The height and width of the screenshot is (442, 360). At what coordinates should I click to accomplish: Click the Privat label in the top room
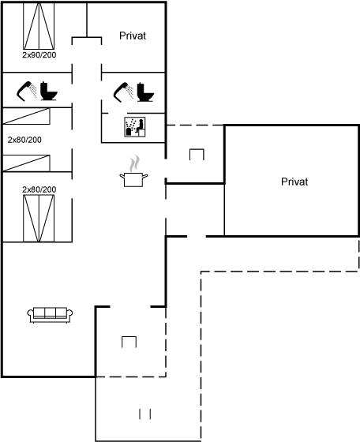click(133, 36)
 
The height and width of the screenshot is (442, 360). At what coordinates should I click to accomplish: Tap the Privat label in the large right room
click(294, 182)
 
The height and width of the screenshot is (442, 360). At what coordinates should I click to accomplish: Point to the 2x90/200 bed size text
click(39, 54)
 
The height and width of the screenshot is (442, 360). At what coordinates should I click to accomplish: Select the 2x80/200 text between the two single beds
click(24, 140)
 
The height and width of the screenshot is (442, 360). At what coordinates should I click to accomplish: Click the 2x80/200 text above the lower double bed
click(39, 189)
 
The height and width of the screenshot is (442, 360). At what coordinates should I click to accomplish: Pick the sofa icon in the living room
click(50, 315)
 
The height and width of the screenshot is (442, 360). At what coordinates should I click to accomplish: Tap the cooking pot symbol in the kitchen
click(133, 180)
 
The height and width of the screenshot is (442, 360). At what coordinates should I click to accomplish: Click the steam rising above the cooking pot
click(134, 163)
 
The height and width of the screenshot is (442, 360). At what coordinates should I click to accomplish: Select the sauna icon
click(135, 127)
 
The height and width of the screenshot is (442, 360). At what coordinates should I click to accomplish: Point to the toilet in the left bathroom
click(48, 91)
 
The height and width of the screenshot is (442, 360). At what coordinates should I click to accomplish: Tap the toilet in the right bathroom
click(145, 92)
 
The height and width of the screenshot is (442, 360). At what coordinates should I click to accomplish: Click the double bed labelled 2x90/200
click(39, 26)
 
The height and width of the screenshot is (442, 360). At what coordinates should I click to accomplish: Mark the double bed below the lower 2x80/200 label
click(39, 218)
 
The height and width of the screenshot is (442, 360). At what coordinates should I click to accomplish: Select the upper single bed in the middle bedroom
click(27, 116)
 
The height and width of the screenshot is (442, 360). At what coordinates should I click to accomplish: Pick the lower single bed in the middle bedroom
click(27, 163)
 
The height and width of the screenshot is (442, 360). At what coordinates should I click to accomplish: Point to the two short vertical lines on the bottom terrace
click(145, 414)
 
